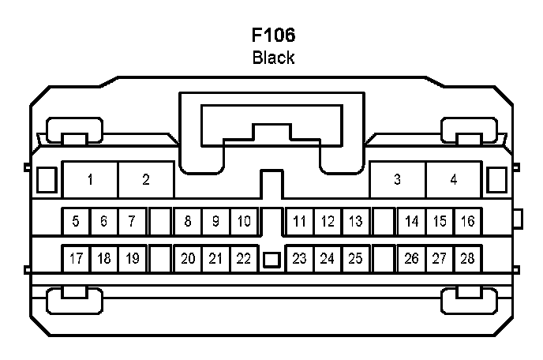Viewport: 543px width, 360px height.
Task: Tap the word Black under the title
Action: [273, 58]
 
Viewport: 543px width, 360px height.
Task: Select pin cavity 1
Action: [91, 180]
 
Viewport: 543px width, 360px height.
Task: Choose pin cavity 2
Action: [146, 180]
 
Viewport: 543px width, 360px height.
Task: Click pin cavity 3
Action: [398, 180]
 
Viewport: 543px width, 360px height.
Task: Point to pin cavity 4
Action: [454, 180]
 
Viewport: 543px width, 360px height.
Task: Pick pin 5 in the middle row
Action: [76, 221]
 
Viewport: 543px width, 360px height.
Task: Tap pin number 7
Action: [132, 221]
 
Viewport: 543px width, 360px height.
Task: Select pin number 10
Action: [244, 221]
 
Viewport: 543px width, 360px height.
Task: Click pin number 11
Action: [299, 221]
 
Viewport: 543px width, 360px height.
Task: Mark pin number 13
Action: [355, 221]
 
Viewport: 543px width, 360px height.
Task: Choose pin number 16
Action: [467, 221]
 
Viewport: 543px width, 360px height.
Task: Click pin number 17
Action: [76, 258]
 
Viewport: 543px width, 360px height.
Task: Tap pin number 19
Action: [132, 258]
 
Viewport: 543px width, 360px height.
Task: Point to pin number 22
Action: [244, 258]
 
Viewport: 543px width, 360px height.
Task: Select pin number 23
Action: [299, 258]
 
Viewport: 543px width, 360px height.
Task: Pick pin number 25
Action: [355, 258]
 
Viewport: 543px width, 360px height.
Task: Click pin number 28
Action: [467, 258]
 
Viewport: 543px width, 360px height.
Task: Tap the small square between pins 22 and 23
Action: [271, 259]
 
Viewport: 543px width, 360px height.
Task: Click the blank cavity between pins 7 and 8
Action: [160, 221]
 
